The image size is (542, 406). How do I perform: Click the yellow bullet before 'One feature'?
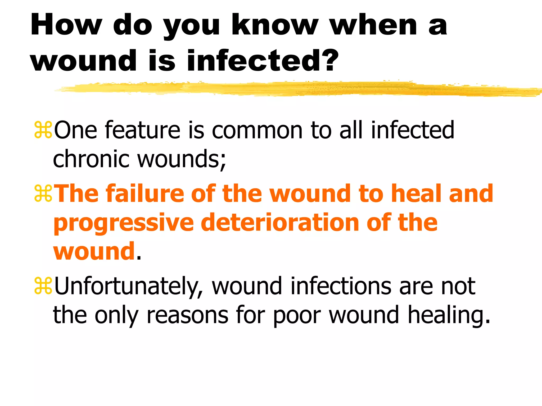tap(43, 130)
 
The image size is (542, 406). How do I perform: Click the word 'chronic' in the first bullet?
tap(91, 159)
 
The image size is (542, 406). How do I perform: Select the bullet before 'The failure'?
tap(43, 194)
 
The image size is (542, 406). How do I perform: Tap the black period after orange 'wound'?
tap(139, 258)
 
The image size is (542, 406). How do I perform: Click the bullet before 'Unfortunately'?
tap(43, 286)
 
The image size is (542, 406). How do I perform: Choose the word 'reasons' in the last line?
tap(187, 315)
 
